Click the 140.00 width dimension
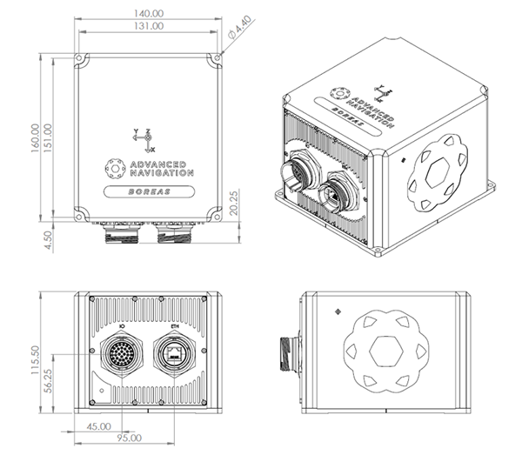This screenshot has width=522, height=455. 149,13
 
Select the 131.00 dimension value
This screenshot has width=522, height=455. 149,27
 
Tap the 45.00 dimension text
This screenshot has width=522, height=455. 98,426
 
